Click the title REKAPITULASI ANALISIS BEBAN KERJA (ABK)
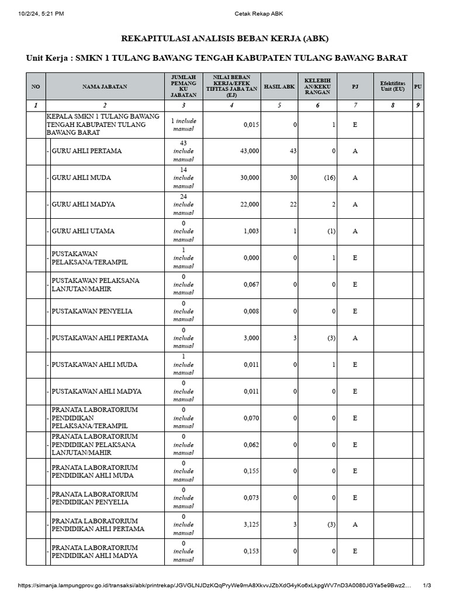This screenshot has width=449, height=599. click(224, 39)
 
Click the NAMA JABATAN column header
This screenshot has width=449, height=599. click(105, 86)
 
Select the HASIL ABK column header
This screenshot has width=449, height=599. click(279, 86)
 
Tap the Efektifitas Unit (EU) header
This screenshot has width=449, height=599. click(392, 86)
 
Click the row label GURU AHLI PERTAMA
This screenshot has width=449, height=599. click(87, 151)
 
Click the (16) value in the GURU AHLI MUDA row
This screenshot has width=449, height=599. click(330, 178)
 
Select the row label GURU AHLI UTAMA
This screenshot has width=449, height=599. click(83, 231)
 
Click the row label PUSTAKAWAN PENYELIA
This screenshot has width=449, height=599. click(92, 311)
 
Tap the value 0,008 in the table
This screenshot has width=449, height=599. click(250, 311)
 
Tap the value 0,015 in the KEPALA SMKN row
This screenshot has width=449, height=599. click(250, 125)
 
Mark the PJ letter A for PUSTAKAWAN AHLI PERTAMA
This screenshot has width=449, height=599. click(355, 338)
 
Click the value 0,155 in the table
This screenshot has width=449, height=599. click(250, 471)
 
